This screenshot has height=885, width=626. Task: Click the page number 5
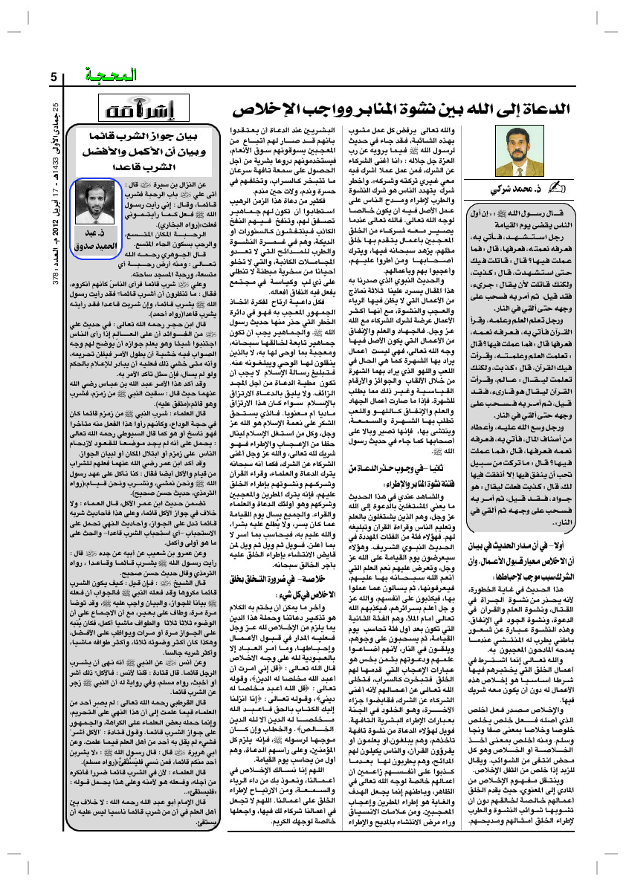[54, 77]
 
